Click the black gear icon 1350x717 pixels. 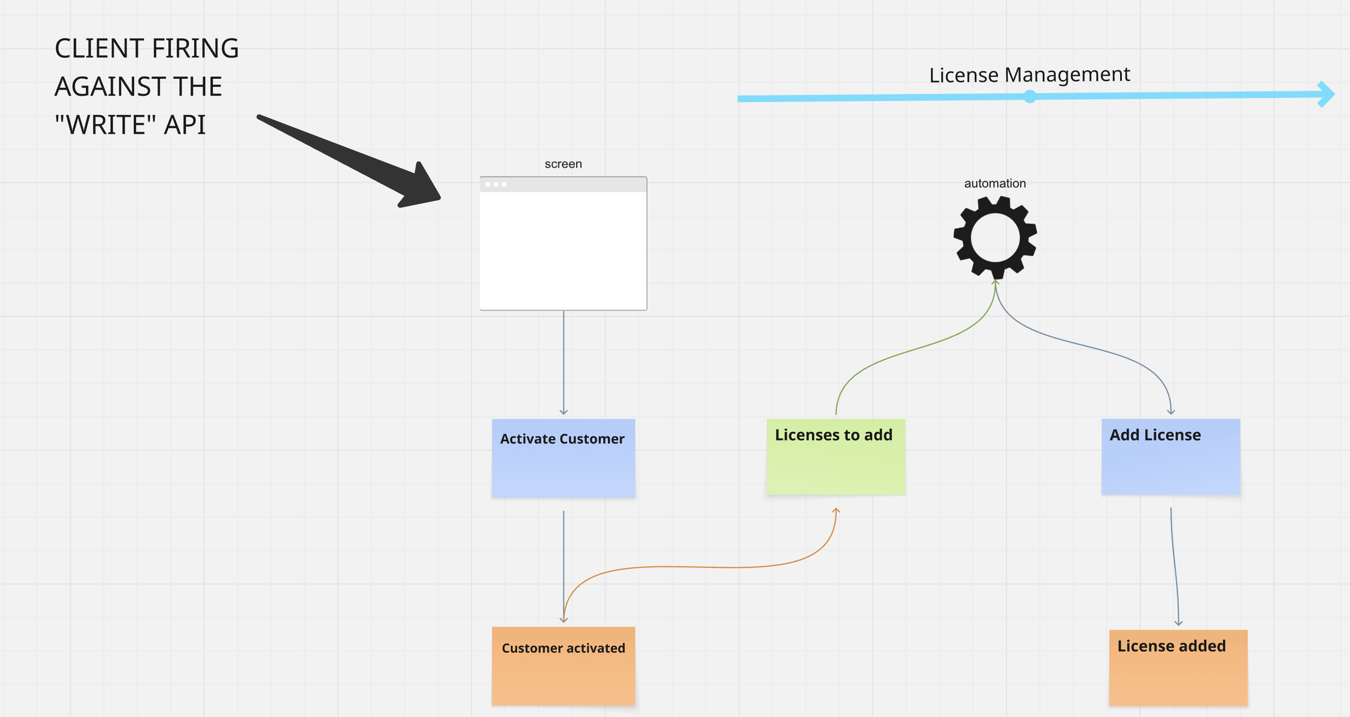coord(995,237)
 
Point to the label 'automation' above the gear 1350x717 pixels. coord(994,183)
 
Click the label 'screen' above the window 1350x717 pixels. coord(562,164)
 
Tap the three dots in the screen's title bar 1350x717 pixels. coord(495,185)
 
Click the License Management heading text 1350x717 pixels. coord(1029,75)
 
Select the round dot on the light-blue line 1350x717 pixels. coord(1029,97)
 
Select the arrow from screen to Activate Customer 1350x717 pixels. coord(564,363)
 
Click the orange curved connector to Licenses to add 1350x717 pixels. coord(696,567)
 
